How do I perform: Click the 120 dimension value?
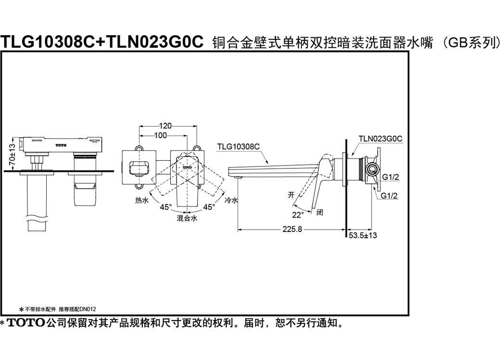coord(165,126)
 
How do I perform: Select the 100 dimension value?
coord(161,136)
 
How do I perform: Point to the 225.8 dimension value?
coord(292,229)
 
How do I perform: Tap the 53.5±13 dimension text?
coord(363,235)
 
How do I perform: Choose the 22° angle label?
coord(298,215)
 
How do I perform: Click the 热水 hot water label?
coord(142,200)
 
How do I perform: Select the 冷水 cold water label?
coord(231,200)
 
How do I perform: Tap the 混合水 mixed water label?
coord(187,219)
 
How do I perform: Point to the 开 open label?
coord(291,195)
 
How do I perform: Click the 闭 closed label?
coord(319,212)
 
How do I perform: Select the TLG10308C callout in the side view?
coord(239,146)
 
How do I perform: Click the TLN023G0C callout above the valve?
coord(380,139)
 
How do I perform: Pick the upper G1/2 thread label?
coord(390,177)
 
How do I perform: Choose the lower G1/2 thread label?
coord(389,195)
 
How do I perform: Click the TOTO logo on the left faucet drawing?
coord(61,145)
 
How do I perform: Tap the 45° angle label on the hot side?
coord(166,207)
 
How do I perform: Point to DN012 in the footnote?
coord(88,309)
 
